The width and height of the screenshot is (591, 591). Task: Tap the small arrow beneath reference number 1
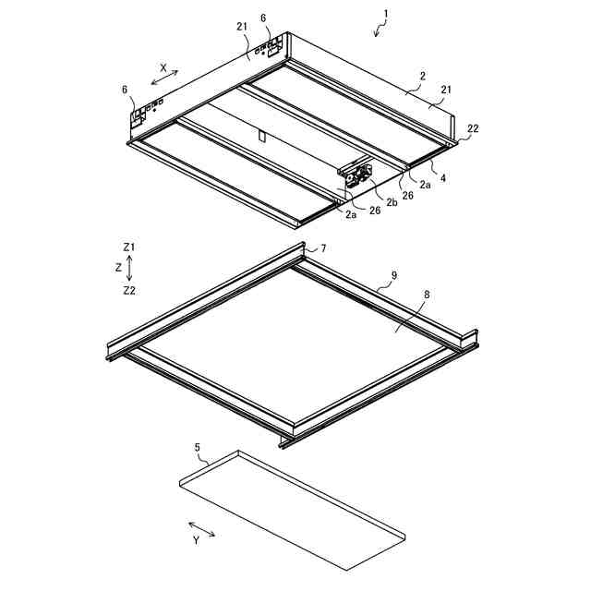point(378,31)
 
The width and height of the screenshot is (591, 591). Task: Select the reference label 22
point(472,129)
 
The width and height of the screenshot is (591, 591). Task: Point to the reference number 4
point(442,178)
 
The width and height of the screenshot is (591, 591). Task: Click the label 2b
point(392,202)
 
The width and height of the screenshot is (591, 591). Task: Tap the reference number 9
point(394,275)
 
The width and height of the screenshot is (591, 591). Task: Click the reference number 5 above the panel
point(197,447)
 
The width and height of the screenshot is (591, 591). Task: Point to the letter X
point(163,67)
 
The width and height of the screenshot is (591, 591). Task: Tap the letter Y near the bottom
point(196,541)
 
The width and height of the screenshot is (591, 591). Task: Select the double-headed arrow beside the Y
point(202,528)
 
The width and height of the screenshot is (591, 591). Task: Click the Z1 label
point(129,247)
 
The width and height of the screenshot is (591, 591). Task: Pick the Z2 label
point(129,289)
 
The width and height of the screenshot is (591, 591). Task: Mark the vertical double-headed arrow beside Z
point(130,268)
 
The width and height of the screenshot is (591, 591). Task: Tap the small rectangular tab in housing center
point(261,138)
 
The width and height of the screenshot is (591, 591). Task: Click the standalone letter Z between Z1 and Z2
point(118,268)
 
